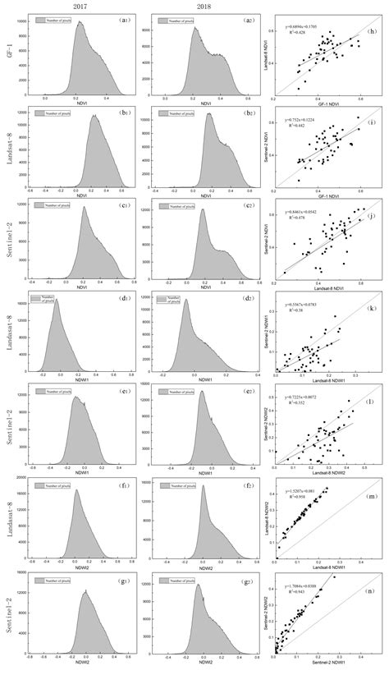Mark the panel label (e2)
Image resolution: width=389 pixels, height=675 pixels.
[x=243, y=393]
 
